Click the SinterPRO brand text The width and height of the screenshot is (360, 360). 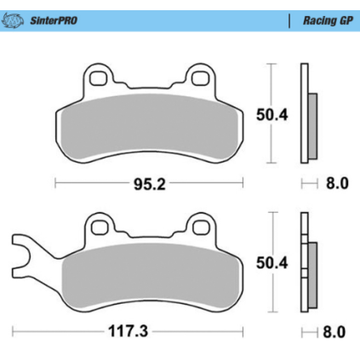click(x=54, y=20)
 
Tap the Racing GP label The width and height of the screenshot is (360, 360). click(x=328, y=20)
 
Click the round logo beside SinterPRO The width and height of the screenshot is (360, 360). click(x=13, y=20)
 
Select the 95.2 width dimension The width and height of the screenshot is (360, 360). click(x=149, y=185)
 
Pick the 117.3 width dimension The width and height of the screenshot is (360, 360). click(x=129, y=331)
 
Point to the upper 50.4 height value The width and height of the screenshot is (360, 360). click(x=271, y=115)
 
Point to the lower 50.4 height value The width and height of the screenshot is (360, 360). click(x=271, y=263)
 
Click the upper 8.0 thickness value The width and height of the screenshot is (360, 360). click(x=337, y=183)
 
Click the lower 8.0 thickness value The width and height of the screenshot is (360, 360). click(x=334, y=332)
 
